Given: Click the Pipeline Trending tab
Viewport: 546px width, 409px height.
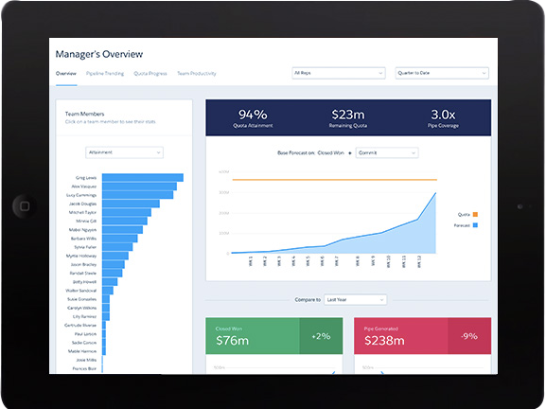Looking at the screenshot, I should (105, 73).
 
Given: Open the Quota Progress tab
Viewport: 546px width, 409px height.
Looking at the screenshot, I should (150, 73).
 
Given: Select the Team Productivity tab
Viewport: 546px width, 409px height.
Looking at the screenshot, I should (196, 73).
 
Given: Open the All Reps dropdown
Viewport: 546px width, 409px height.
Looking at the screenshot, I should (338, 72).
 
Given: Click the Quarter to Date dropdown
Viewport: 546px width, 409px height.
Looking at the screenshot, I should (442, 72).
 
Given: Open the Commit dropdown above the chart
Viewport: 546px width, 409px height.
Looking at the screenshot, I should (386, 151).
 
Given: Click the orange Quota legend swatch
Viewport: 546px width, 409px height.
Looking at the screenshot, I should (475, 214).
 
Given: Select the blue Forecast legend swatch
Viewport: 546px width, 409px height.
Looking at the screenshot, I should (475, 225).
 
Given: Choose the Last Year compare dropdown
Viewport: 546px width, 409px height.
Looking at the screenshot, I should (354, 299).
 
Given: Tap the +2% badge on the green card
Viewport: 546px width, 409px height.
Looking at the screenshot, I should (321, 336).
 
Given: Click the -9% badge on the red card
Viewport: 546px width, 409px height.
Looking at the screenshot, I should (470, 336).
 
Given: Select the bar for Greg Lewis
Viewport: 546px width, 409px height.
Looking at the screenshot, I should (143, 177).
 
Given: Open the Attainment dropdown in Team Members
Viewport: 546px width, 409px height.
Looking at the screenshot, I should (124, 151).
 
